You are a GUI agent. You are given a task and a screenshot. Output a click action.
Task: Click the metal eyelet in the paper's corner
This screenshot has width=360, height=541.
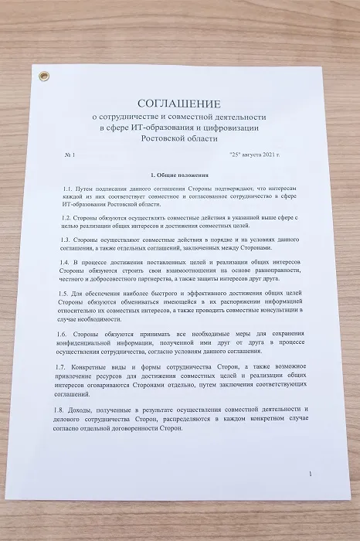(x=44, y=76)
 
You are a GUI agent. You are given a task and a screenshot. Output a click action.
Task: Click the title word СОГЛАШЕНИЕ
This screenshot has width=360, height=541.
(x=180, y=104)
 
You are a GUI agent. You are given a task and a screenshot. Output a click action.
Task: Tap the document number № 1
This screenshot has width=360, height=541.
(x=72, y=155)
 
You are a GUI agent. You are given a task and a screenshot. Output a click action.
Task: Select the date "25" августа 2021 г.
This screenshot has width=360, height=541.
(x=257, y=155)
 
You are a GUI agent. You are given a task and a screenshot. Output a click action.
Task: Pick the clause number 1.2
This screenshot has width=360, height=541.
(x=66, y=218)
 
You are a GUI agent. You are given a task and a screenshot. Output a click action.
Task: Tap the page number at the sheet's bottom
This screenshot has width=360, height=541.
(x=310, y=474)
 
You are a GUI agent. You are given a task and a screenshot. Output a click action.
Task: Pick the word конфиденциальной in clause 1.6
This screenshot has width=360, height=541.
(x=88, y=342)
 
